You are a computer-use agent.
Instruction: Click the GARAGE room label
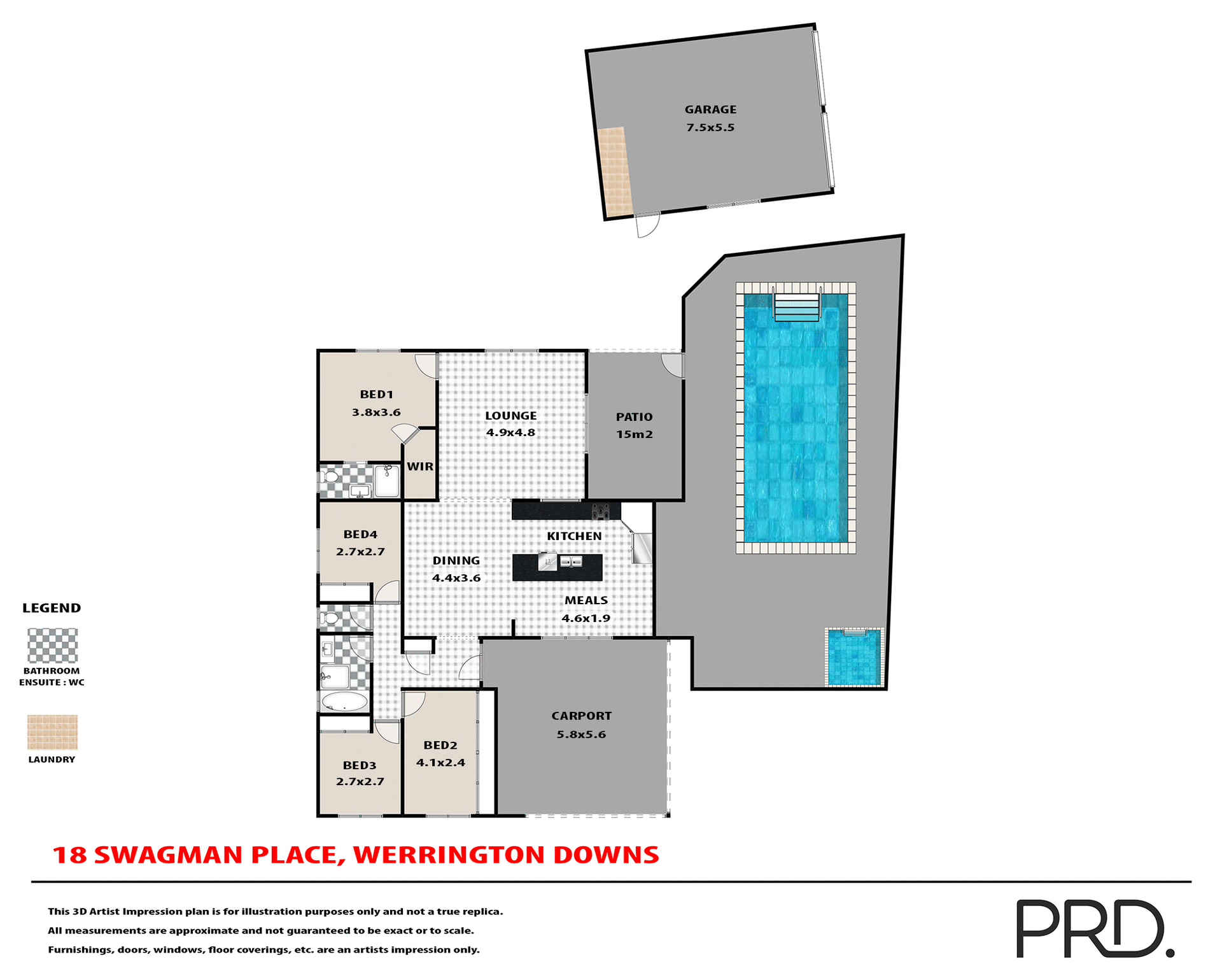click(x=710, y=110)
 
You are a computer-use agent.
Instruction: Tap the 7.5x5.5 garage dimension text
click(x=710, y=127)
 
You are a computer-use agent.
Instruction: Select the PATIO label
click(x=634, y=417)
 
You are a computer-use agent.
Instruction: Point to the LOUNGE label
click(x=510, y=416)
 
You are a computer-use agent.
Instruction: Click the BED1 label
click(x=376, y=395)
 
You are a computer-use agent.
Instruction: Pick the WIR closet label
click(x=420, y=467)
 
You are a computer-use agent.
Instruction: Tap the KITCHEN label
click(x=574, y=536)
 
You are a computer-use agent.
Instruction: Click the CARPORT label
click(x=581, y=716)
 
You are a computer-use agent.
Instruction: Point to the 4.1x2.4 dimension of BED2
click(x=440, y=763)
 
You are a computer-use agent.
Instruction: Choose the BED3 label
click(x=360, y=765)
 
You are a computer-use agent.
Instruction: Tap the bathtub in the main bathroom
click(x=344, y=702)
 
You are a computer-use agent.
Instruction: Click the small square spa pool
click(x=854, y=657)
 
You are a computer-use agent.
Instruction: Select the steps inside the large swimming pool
click(x=796, y=307)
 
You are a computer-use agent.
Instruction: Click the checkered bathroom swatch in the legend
click(x=52, y=646)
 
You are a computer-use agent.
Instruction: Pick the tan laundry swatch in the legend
click(x=52, y=732)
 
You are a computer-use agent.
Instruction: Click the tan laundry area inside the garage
click(x=614, y=171)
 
